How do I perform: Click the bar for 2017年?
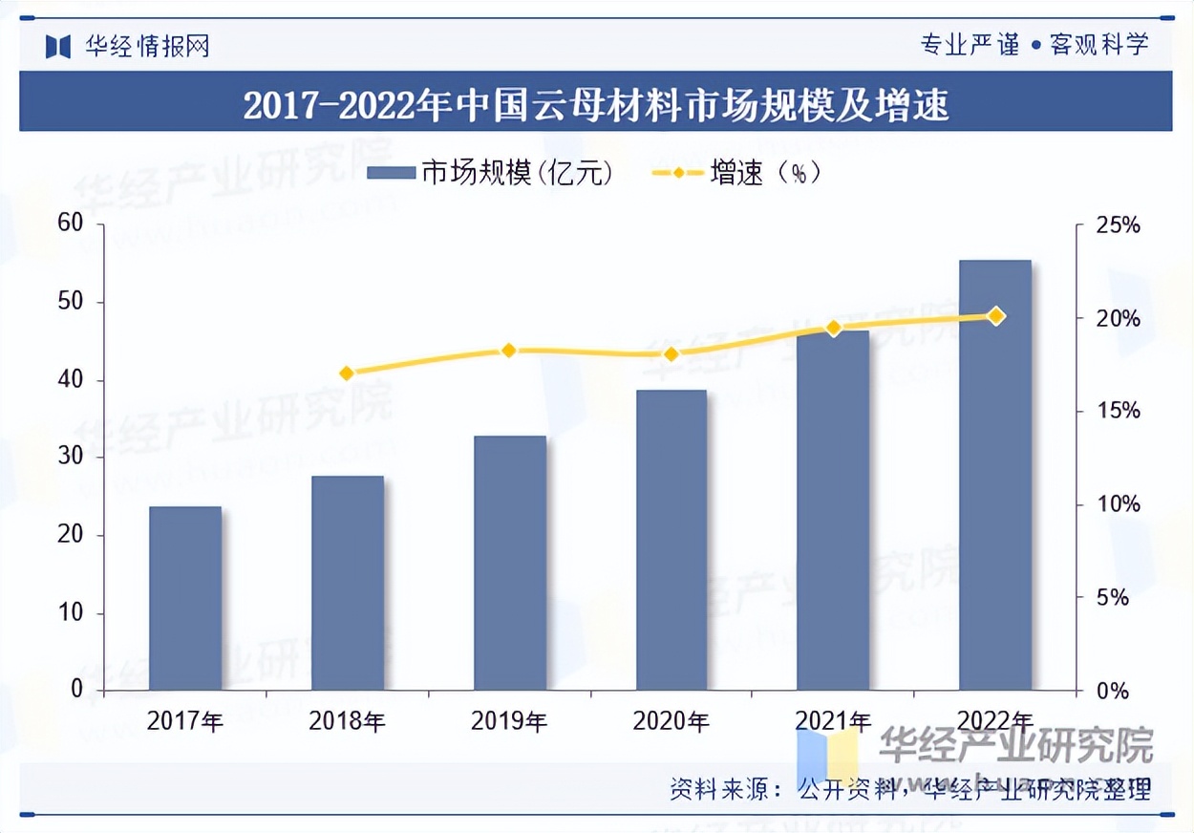coord(185,598)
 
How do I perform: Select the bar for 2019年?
coord(510,563)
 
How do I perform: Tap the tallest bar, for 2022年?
coord(995,475)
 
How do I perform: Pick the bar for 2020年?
coord(672,540)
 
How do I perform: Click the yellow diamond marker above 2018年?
coord(347,374)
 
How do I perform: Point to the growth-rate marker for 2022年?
coord(995,316)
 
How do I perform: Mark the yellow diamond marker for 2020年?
coord(672,354)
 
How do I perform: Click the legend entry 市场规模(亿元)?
coord(489,173)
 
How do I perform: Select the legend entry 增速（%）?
coord(736,173)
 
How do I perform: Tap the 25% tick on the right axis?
coord(1117,225)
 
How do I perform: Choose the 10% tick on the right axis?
coord(1117,504)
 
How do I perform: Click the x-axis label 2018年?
coord(347,721)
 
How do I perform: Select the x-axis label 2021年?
coord(833,721)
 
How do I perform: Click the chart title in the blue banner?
coord(596,104)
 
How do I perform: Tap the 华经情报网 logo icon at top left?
coord(58,45)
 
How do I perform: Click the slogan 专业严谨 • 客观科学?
coord(1034,44)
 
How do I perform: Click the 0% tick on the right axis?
coord(1110,691)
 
